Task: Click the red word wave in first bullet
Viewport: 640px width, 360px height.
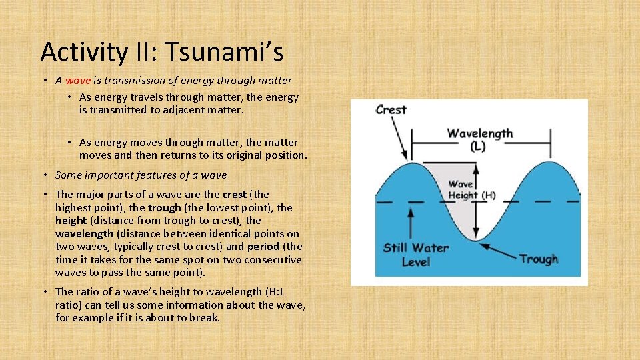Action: point(77,81)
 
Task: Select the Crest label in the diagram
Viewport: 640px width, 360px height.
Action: point(391,109)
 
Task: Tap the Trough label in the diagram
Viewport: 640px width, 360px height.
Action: point(538,259)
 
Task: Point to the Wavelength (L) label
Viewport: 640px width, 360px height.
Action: point(480,139)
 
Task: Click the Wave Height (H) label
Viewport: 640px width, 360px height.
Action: point(471,190)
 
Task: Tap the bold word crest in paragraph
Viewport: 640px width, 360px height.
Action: point(234,195)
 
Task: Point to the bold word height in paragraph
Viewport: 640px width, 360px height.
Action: point(71,221)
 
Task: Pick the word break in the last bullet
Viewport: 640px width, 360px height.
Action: point(205,318)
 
